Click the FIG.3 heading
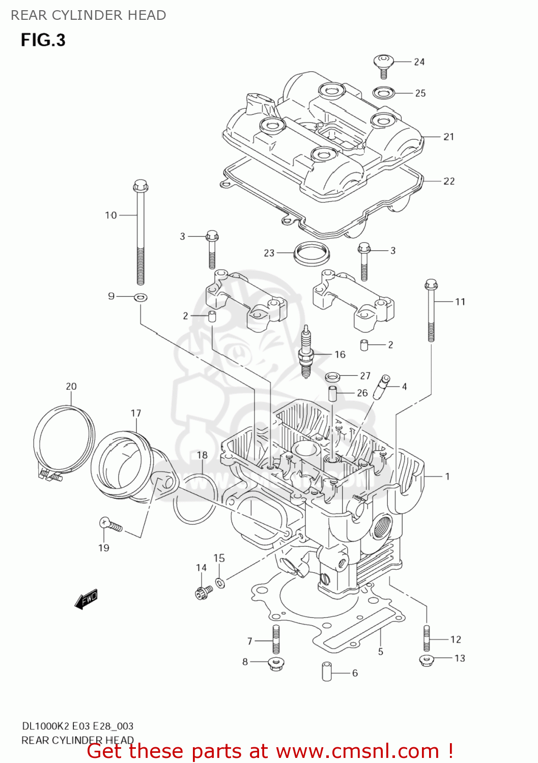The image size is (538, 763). click(x=43, y=40)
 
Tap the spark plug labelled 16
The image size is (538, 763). click(x=305, y=352)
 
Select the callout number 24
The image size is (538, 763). click(x=419, y=62)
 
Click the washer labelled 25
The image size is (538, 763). click(x=383, y=93)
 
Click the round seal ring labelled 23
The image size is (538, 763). click(x=311, y=253)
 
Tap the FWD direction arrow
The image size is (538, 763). click(x=86, y=599)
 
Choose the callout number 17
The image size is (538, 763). click(x=135, y=413)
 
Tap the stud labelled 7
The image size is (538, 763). click(x=276, y=639)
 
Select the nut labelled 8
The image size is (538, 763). click(x=275, y=663)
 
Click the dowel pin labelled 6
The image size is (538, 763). click(x=327, y=671)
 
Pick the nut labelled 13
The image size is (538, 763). click(x=427, y=660)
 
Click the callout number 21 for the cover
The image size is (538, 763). click(x=448, y=137)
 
